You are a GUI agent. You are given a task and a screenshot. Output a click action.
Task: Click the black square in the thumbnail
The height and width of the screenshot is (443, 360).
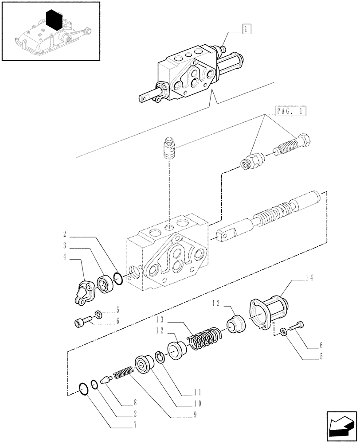click(55, 20)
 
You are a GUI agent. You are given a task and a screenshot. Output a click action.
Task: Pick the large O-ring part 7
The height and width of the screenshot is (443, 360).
click(82, 389)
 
